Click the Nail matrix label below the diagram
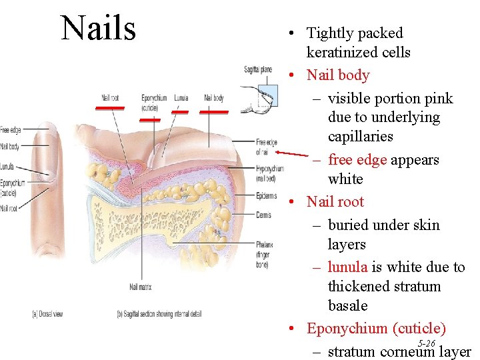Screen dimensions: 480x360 [x=141, y=287]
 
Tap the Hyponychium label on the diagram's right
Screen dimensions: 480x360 [x=269, y=172]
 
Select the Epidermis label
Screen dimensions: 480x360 [x=266, y=196]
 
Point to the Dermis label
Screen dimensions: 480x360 [x=263, y=215]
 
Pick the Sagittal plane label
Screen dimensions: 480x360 [x=258, y=69]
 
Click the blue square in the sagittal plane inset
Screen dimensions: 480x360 [x=268, y=95]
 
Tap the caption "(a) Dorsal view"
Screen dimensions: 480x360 [x=47, y=314]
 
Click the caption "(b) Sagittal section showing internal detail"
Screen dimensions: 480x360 [x=159, y=314]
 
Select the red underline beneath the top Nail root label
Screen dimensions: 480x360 [x=110, y=107]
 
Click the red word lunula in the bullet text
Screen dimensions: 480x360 [x=347, y=267]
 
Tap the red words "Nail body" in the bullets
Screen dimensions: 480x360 [x=338, y=75]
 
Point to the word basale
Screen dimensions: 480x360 [x=348, y=305]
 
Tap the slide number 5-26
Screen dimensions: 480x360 [x=427, y=343]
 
